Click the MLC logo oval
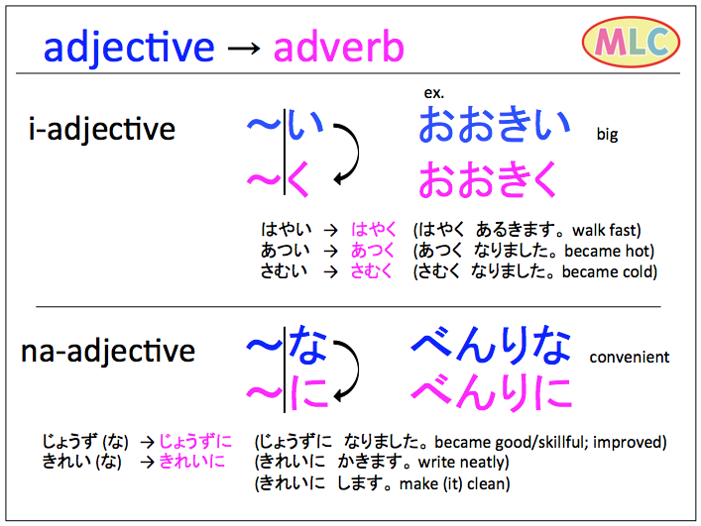pyautogui.click(x=631, y=42)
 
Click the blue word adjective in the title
pyautogui.click(x=129, y=48)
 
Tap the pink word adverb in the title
pyautogui.click(x=339, y=47)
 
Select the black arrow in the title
pyautogui.click(x=244, y=48)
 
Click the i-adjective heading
pyautogui.click(x=101, y=129)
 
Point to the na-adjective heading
pyautogui.click(x=108, y=351)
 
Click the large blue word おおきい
pyautogui.click(x=494, y=125)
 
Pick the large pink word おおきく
pyautogui.click(x=487, y=179)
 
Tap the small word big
pyautogui.click(x=607, y=135)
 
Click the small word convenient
pyautogui.click(x=629, y=358)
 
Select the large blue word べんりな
pyautogui.click(x=491, y=344)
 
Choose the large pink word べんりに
pyautogui.click(x=492, y=392)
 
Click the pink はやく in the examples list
pyautogui.click(x=373, y=230)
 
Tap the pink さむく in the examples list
pyautogui.click(x=371, y=271)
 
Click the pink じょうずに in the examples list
pyautogui.click(x=195, y=441)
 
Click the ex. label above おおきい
pyautogui.click(x=433, y=93)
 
